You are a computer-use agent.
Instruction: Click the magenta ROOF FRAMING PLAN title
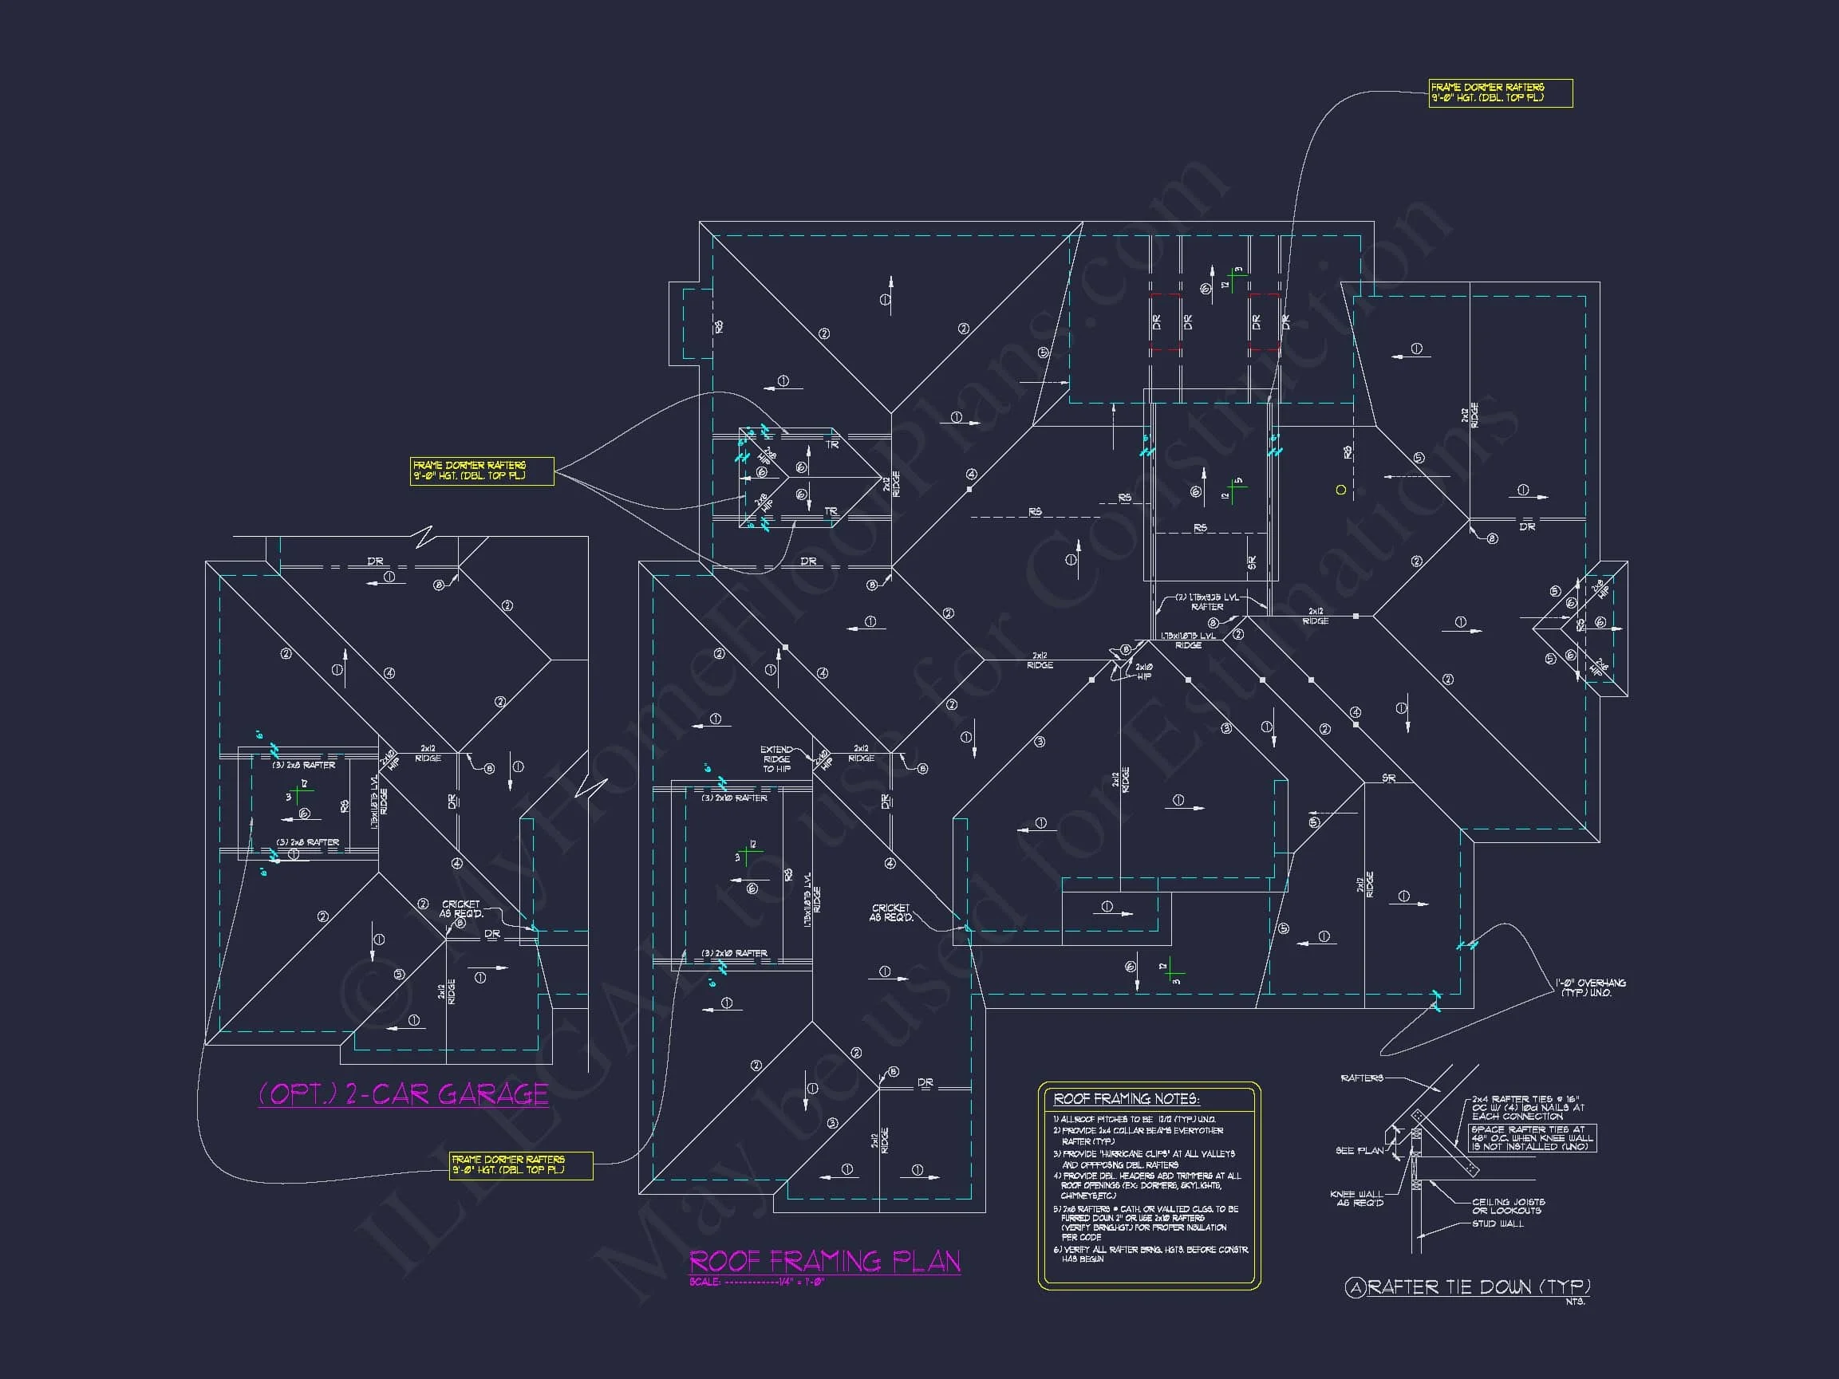[x=824, y=1262]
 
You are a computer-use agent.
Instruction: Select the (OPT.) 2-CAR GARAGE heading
[x=403, y=1094]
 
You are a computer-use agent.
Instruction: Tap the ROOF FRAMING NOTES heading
[x=1126, y=1099]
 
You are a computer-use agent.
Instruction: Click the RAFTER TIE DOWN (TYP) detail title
[x=1478, y=1287]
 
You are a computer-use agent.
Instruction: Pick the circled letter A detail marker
[x=1356, y=1287]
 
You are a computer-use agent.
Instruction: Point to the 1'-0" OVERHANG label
[x=1590, y=987]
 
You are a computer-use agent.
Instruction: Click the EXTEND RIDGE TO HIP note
[x=776, y=759]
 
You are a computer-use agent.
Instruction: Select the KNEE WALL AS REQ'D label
[x=1356, y=1198]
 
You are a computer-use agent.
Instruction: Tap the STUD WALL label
[x=1498, y=1223]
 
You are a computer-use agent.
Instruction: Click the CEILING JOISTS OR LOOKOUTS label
[x=1507, y=1206]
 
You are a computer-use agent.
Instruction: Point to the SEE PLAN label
[x=1360, y=1150]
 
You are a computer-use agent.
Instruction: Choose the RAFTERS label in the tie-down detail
[x=1362, y=1078]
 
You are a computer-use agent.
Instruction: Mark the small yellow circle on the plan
[x=1340, y=490]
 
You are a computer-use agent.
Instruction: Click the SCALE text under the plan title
[x=756, y=1282]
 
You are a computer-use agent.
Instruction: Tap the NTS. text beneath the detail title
[x=1575, y=1302]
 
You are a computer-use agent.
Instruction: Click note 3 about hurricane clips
[x=1144, y=1159]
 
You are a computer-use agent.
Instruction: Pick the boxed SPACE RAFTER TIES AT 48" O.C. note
[x=1532, y=1138]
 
